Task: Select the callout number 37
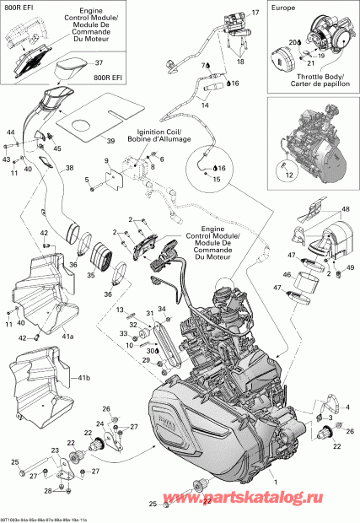pyautogui.click(x=98, y=62)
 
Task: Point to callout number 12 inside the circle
pyautogui.click(x=290, y=175)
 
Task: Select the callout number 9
pyautogui.click(x=106, y=160)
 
